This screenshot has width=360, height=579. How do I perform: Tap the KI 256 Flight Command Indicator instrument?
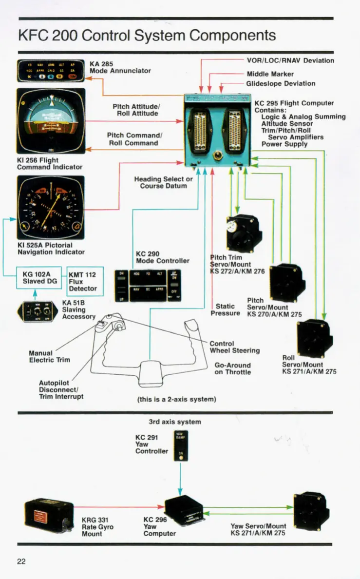pyautogui.click(x=51, y=121)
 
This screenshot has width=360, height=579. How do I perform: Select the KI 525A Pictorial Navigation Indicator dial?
pyautogui.click(x=51, y=209)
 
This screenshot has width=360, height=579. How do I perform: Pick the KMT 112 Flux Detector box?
pyautogui.click(x=85, y=281)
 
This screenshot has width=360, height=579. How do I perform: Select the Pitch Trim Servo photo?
pyautogui.click(x=243, y=233)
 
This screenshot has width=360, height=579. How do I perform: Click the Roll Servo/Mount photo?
pyautogui.click(x=315, y=337)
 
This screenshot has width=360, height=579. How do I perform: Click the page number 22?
pyautogui.click(x=21, y=561)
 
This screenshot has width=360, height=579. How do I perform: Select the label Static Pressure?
pyautogui.click(x=225, y=310)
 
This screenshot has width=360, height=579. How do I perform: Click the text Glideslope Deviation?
pyautogui.click(x=281, y=83)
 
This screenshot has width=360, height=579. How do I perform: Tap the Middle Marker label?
pyautogui.click(x=270, y=74)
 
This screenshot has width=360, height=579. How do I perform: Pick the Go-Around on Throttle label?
pyautogui.click(x=232, y=368)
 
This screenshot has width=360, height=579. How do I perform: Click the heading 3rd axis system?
pyautogui.click(x=174, y=422)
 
